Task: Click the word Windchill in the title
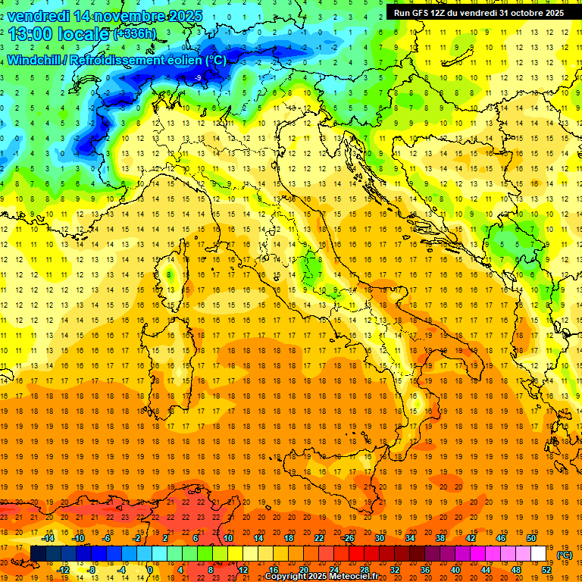[35, 60]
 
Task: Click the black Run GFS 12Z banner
[478, 13]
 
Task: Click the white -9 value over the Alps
[198, 78]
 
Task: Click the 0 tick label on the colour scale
[150, 569]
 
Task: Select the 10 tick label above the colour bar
[228, 538]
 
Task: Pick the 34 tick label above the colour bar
[409, 538]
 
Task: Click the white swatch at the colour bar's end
[538, 553]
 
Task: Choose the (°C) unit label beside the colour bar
[565, 554]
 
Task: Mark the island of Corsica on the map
[171, 277]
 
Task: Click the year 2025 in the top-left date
[185, 16]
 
